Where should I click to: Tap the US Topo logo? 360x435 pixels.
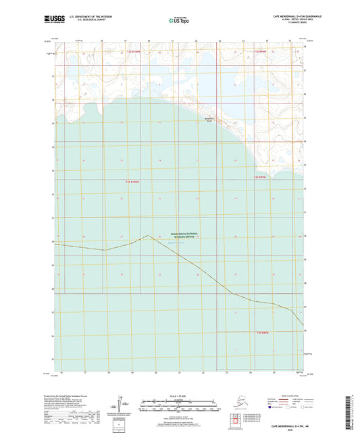coord(178,20)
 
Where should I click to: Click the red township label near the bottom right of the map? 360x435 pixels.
coord(262,332)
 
